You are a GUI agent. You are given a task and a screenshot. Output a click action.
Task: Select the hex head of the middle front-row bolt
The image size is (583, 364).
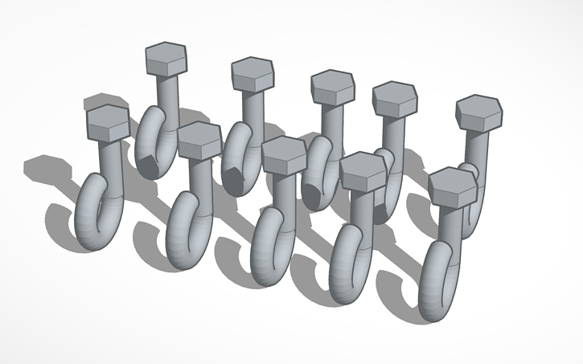(x=283, y=154)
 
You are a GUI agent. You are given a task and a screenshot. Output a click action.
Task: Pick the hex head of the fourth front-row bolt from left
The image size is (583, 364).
(x=363, y=170)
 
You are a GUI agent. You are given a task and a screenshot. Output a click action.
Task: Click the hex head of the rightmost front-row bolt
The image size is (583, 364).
(x=452, y=186)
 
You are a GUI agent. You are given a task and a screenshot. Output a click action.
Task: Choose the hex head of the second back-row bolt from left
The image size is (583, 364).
(x=252, y=75)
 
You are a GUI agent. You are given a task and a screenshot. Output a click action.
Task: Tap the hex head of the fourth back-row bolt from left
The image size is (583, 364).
(x=394, y=99)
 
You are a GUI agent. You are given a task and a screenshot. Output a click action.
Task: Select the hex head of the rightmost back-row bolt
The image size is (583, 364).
(x=479, y=113)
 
